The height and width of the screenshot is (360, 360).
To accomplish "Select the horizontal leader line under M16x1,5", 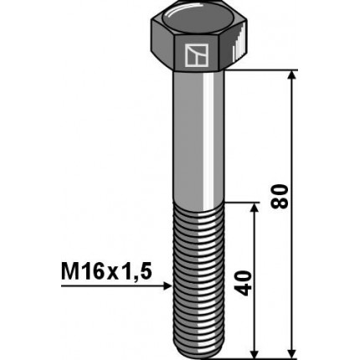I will (109, 285).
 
